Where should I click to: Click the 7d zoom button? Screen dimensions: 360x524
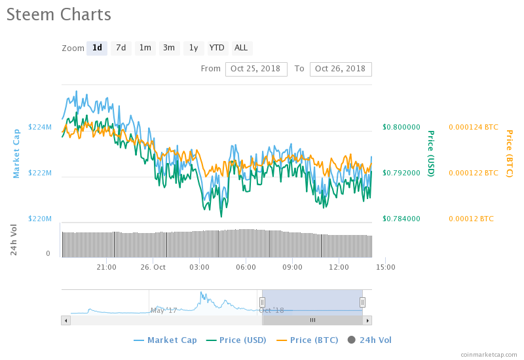[121, 48]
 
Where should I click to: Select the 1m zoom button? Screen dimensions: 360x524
[145, 48]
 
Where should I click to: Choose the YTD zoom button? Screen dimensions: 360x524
[217, 48]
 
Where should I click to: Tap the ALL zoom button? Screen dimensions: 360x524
[241, 48]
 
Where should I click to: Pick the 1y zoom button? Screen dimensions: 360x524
[193, 48]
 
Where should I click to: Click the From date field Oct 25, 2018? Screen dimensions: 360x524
[256, 69]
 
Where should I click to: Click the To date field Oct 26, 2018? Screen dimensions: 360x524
[341, 69]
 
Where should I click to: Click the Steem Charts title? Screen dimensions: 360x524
[59, 14]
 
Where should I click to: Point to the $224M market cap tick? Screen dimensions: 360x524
[40, 127]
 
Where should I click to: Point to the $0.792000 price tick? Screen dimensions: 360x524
[402, 173]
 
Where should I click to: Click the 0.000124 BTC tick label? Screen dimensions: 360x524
[474, 127]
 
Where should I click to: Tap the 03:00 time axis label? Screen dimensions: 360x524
[199, 267]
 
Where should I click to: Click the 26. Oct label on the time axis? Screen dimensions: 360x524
[153, 267]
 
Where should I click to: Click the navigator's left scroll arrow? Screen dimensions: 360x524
[65, 320]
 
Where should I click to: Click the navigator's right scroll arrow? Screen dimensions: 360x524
[367, 320]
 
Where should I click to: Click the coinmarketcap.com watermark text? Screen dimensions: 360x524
[489, 354]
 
